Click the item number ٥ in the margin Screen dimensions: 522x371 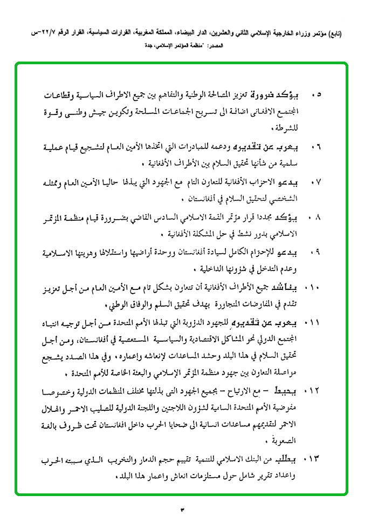click(x=319, y=95)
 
